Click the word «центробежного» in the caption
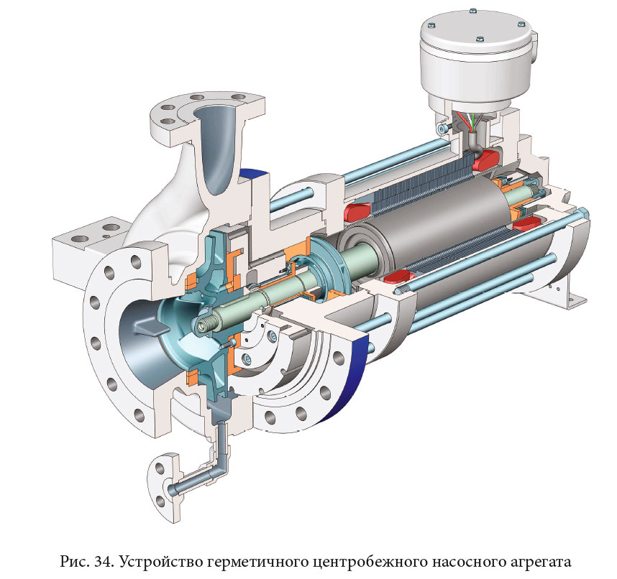coord(370,562)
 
